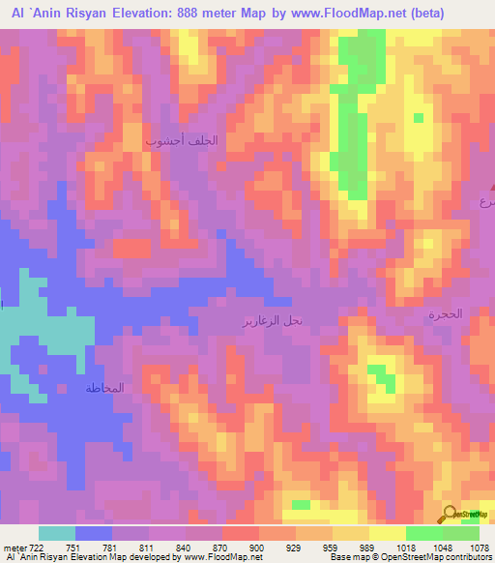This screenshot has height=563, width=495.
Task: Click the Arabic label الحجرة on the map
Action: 446,314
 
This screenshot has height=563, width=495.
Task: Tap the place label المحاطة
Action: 104,388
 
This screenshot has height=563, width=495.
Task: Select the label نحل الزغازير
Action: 273,319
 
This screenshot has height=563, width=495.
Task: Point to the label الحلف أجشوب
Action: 182,140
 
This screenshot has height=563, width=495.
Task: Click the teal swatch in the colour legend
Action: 57,533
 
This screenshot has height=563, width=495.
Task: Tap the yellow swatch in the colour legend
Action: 387,533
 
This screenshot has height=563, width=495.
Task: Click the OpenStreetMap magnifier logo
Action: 451,513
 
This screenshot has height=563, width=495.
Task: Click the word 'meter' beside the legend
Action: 14,548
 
